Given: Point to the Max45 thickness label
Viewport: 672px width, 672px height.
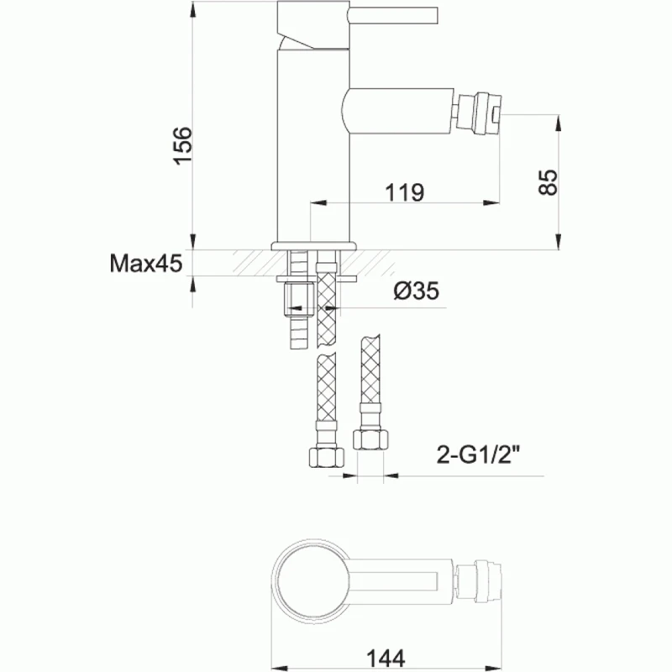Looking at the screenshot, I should [145, 265].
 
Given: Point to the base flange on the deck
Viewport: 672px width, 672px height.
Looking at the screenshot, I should [313, 246].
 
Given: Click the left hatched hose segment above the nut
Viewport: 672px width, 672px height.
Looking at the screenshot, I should [324, 395].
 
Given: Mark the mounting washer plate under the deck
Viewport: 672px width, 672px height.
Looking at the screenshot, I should [316, 276].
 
